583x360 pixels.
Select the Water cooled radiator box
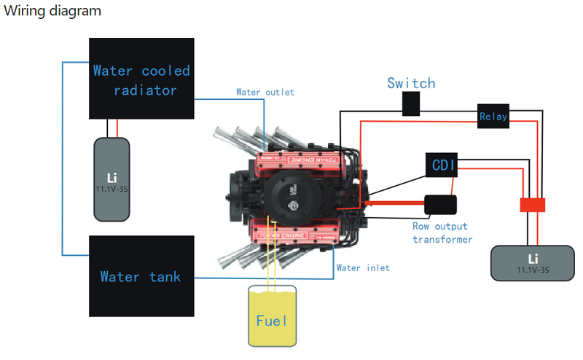click(141, 79)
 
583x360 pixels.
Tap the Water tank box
click(141, 275)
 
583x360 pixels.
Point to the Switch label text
click(411, 83)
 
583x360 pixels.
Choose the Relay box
click(493, 116)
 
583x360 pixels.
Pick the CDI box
click(442, 165)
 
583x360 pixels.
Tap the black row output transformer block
click(439, 204)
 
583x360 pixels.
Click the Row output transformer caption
click(442, 232)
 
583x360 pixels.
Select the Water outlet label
click(265, 93)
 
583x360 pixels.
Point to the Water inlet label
click(363, 268)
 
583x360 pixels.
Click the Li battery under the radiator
click(112, 179)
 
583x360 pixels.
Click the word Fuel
click(272, 321)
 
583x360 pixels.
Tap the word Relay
click(493, 117)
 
